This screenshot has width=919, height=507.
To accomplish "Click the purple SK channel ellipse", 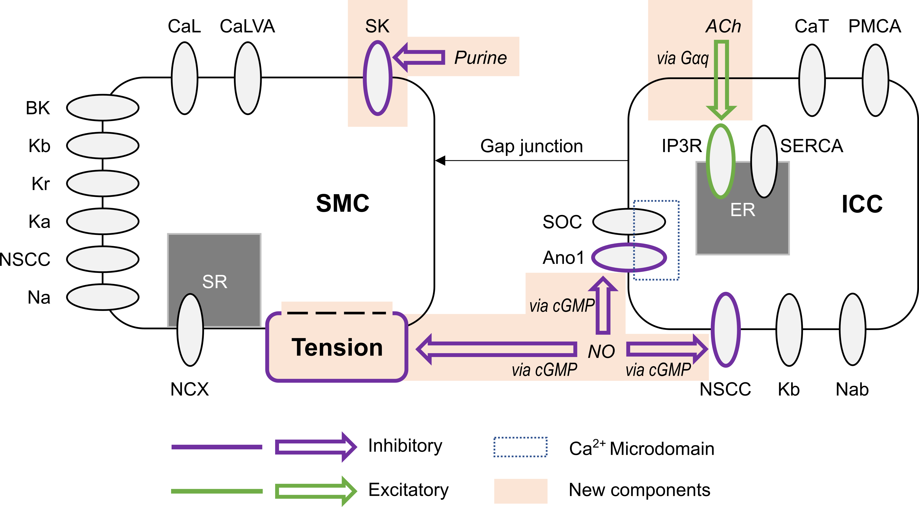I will (378, 78).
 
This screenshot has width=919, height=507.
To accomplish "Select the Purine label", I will (480, 58).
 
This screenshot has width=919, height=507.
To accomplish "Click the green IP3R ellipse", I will (721, 161).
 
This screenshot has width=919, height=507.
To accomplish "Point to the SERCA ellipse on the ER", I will (764, 161).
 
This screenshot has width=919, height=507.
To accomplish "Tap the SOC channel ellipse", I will (629, 222).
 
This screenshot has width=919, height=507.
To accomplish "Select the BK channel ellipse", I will (103, 107).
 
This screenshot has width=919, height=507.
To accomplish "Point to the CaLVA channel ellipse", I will (248, 78).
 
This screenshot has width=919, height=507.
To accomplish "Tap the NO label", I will (601, 351).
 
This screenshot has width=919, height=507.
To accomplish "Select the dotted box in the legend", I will (520, 447).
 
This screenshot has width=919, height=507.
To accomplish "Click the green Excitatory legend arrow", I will (315, 491).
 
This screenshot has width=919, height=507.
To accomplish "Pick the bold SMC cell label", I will (342, 203).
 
